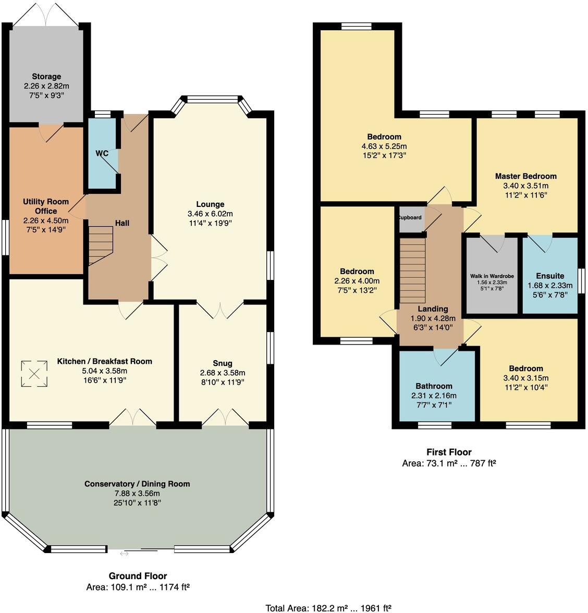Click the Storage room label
click(46, 77)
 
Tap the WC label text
click(102, 153)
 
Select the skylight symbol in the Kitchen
click(34, 374)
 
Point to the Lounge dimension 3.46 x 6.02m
click(210, 214)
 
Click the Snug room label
click(223, 363)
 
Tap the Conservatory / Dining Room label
click(137, 484)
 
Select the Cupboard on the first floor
click(410, 218)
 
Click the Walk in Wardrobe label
click(492, 276)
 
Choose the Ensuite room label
click(550, 276)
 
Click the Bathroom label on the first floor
click(434, 386)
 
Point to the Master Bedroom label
click(525, 176)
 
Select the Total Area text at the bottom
click(328, 608)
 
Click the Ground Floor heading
click(138, 576)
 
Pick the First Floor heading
click(448, 452)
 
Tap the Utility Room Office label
click(46, 206)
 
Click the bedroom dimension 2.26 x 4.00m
click(357, 281)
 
